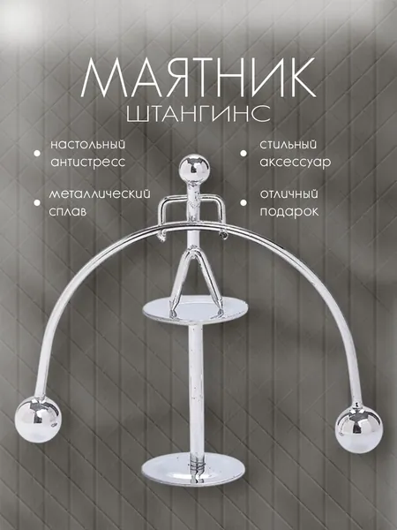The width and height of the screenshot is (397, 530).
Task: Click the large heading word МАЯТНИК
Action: pyautogui.click(x=198, y=78)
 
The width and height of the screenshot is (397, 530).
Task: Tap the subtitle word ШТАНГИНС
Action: pyautogui.click(x=198, y=113)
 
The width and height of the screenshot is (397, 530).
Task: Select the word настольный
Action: pyautogui.click(x=87, y=145)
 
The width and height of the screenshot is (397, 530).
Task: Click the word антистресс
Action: pyautogui.click(x=87, y=162)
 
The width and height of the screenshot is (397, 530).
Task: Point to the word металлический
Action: pyautogui.click(x=100, y=194)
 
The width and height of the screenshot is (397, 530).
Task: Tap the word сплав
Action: pyautogui.click(x=68, y=212)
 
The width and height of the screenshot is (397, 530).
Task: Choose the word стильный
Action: pyautogui.click(x=288, y=145)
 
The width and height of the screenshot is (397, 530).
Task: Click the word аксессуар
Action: pyautogui.click(x=296, y=163)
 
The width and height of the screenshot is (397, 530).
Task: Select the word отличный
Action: pyautogui.click(x=289, y=194)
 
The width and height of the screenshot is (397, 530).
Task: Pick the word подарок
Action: pyautogui.click(x=289, y=212)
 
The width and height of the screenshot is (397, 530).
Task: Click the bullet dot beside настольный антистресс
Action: pyautogui.click(x=37, y=153)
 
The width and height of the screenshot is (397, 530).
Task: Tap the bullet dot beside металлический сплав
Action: pyautogui.click(x=37, y=203)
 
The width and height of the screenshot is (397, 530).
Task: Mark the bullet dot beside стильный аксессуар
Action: pyautogui.click(x=243, y=153)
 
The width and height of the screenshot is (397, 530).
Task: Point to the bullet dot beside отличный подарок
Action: pyautogui.click(x=243, y=203)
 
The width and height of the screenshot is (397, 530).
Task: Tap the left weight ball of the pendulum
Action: pyautogui.click(x=38, y=419)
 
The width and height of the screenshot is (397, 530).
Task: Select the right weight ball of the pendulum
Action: pyautogui.click(x=358, y=429)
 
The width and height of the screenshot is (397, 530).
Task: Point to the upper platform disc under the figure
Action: pyautogui.click(x=195, y=310)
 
